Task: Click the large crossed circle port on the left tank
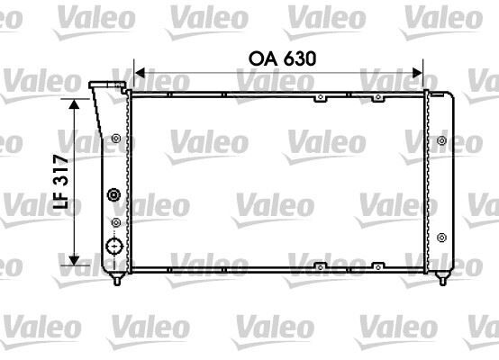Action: pos(114,247)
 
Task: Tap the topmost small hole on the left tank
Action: pos(116,138)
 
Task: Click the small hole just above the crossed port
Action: pos(115,221)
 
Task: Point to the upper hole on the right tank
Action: pos(440,139)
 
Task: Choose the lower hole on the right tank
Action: pos(440,237)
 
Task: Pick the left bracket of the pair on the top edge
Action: pos(318,95)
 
